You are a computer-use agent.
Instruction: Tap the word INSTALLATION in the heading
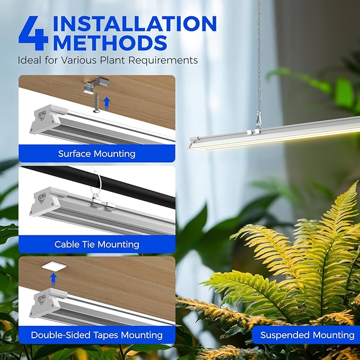[135, 23]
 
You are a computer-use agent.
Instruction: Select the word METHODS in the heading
[110, 42]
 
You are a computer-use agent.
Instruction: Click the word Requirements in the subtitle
[163, 60]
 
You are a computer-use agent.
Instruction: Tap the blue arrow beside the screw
[107, 103]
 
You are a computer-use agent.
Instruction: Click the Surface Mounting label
[96, 154]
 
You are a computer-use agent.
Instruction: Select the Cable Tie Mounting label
[96, 244]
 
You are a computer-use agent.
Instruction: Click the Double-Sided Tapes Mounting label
[96, 335]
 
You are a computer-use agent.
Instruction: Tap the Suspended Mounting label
[307, 335]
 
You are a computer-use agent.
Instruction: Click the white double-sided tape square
[54, 266]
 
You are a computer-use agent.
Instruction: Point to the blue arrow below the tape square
[53, 279]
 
